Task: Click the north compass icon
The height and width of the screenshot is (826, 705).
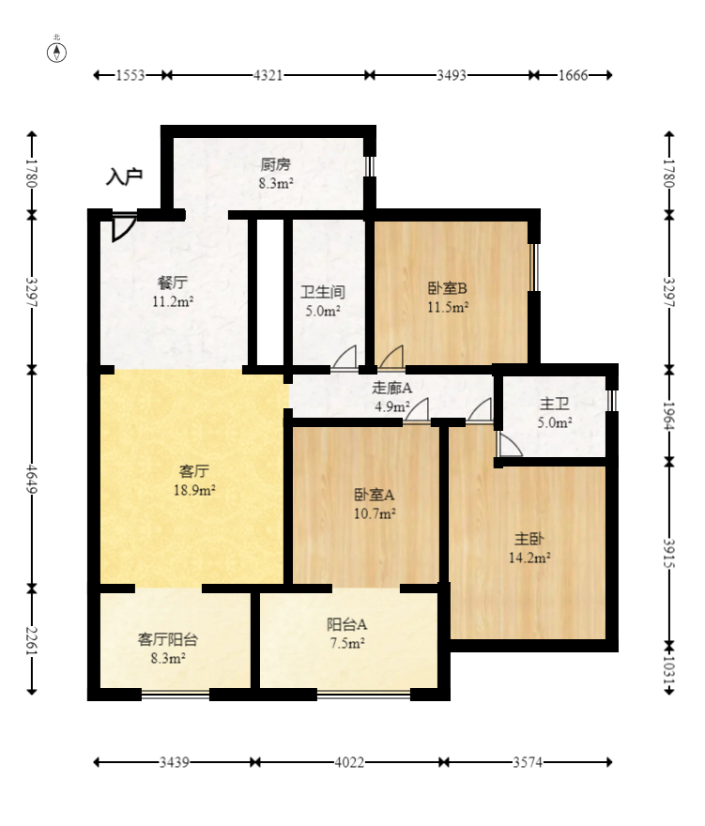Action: (57, 51)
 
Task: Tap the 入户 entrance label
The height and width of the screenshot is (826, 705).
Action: (124, 176)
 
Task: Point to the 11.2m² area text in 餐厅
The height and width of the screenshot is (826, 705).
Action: (173, 301)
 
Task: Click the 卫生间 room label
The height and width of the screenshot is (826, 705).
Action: (321, 292)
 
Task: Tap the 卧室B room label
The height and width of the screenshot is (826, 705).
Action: (448, 289)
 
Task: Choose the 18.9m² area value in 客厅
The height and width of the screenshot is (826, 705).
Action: (195, 490)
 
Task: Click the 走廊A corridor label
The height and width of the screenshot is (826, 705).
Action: (392, 388)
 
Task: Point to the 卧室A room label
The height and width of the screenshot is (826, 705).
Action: (375, 495)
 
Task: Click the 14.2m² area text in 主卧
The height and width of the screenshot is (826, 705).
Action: (529, 557)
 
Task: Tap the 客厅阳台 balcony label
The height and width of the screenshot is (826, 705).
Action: (168, 639)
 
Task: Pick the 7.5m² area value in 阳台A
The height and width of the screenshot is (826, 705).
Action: (345, 643)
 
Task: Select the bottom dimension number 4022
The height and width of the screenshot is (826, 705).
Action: (349, 763)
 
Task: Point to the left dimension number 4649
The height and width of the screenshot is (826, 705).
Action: (32, 478)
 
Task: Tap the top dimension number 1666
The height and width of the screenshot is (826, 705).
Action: (573, 75)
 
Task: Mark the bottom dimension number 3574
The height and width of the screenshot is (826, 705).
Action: (529, 763)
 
